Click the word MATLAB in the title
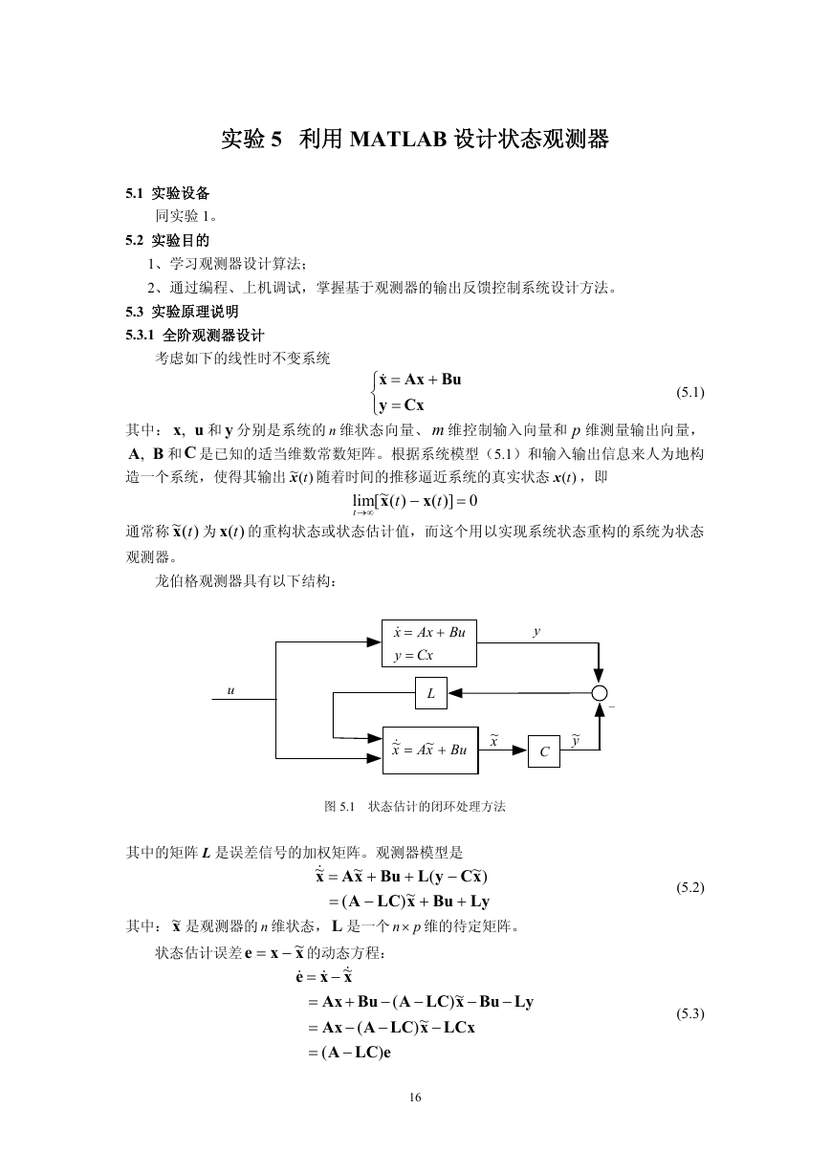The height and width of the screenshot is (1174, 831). click(x=398, y=140)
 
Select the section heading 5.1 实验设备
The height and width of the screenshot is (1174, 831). click(x=167, y=193)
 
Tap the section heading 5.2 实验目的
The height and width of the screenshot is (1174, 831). click(x=167, y=241)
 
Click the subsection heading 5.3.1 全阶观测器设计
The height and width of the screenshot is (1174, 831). click(x=195, y=336)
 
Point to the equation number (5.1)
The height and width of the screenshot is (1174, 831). click(x=690, y=392)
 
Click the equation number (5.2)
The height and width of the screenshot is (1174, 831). click(x=690, y=887)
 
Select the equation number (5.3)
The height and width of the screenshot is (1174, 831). click(x=690, y=1013)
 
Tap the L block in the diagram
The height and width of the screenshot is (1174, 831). click(x=431, y=693)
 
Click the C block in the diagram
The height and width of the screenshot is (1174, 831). click(x=544, y=751)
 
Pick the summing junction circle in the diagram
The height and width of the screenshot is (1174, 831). click(x=600, y=693)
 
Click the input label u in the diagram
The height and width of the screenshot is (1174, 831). click(x=230, y=691)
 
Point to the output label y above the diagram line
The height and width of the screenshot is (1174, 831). click(x=536, y=632)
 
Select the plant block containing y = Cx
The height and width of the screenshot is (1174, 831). click(x=428, y=643)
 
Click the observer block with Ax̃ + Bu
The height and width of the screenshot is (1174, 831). click(x=430, y=750)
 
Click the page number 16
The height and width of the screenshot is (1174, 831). click(x=415, y=1098)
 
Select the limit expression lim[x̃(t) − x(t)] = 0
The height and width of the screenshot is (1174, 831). click(x=415, y=503)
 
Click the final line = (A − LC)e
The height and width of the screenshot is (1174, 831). click(x=350, y=1053)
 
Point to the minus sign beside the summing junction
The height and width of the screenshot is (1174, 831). click(x=611, y=707)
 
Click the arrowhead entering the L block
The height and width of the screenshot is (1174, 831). click(x=455, y=693)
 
